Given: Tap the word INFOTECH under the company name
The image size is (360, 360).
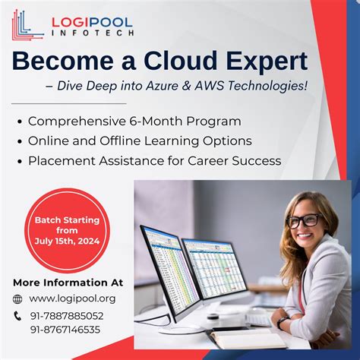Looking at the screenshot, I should [92, 33].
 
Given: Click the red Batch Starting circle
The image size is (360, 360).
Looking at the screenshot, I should [67, 229].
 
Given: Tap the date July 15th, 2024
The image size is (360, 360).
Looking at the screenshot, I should [68, 242].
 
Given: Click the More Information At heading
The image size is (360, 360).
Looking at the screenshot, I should [68, 283].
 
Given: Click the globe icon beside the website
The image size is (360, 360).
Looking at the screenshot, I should [18, 299].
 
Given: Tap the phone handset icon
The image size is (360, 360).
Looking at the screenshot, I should [18, 316].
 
